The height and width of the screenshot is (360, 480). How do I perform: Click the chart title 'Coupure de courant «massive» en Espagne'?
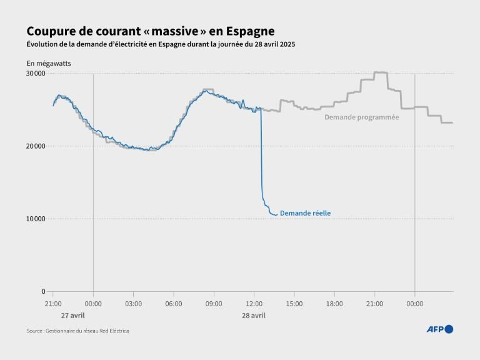(x=150, y=31)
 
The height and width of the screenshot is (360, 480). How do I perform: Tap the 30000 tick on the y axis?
(x=35, y=74)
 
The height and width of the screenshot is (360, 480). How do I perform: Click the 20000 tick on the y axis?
(x=35, y=146)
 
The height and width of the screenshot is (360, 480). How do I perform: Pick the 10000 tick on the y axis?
(x=35, y=219)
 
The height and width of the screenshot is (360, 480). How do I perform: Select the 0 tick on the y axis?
(x=42, y=291)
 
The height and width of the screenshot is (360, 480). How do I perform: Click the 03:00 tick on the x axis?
(x=133, y=304)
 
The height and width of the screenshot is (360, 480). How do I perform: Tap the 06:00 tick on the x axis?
(x=173, y=304)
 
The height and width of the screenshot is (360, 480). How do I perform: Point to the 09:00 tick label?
(x=214, y=304)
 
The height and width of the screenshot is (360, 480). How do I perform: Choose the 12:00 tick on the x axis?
(x=254, y=304)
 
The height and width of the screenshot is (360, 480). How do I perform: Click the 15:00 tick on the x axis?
(x=294, y=304)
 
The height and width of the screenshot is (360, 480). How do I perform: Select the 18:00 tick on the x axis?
(x=334, y=304)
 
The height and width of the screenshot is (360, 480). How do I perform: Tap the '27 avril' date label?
(x=73, y=316)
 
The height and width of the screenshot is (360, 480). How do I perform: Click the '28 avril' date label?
(x=254, y=316)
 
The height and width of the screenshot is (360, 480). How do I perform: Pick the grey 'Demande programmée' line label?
(x=361, y=117)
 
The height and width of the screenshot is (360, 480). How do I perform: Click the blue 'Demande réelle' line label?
(x=305, y=213)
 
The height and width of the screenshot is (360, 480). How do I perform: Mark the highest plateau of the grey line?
(x=381, y=72)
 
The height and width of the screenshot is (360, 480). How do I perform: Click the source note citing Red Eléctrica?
(x=77, y=331)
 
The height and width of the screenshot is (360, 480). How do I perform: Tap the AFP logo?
(x=439, y=329)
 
